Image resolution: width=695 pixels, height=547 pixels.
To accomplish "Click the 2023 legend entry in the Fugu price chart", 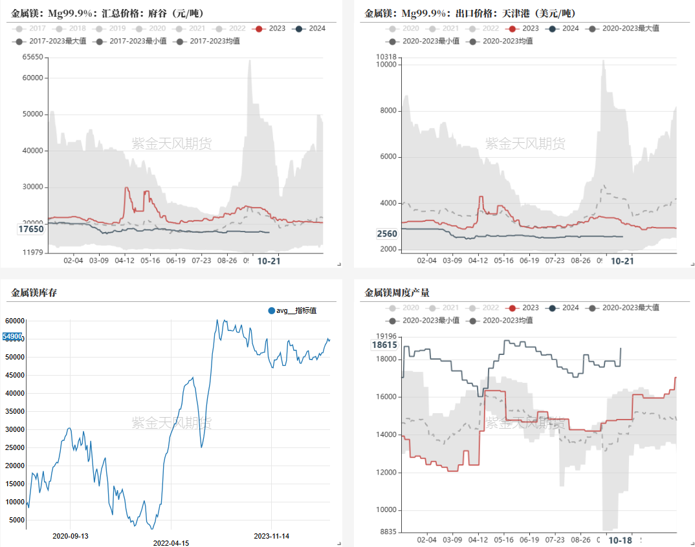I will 270,28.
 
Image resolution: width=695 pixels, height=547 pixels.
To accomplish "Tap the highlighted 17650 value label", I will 31,229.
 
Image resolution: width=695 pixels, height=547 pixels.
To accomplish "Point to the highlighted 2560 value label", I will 387,233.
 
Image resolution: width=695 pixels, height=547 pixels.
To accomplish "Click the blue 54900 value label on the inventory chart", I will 12,336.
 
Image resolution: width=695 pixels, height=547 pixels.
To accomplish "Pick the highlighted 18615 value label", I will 384,345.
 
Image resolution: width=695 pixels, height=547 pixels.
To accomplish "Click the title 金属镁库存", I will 34,293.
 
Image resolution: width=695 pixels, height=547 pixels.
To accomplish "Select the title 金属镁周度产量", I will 397,293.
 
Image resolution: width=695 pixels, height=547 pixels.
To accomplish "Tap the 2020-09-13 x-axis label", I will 71,535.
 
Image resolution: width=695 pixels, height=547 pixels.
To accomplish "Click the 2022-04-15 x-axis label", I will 171,543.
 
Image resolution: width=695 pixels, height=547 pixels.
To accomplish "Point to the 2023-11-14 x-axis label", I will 272,535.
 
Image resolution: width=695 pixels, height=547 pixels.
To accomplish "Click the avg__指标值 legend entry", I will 292,311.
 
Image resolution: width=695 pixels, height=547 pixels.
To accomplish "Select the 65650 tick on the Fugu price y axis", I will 32,58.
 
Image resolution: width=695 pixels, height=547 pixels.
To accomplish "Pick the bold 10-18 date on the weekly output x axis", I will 621,540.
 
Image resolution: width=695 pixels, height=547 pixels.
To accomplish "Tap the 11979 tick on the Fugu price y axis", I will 32,252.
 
